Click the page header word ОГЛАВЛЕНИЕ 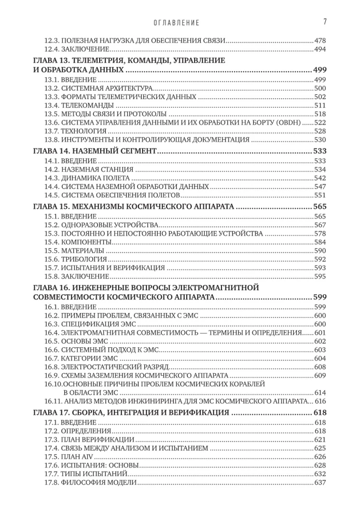177,23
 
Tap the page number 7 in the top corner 324,21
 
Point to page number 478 320,40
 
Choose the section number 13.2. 50,88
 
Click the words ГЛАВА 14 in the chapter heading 50,151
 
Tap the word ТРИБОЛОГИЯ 84,259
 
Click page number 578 320,234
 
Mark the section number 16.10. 52,384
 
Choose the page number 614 320,392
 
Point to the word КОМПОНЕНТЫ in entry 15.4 85,242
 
